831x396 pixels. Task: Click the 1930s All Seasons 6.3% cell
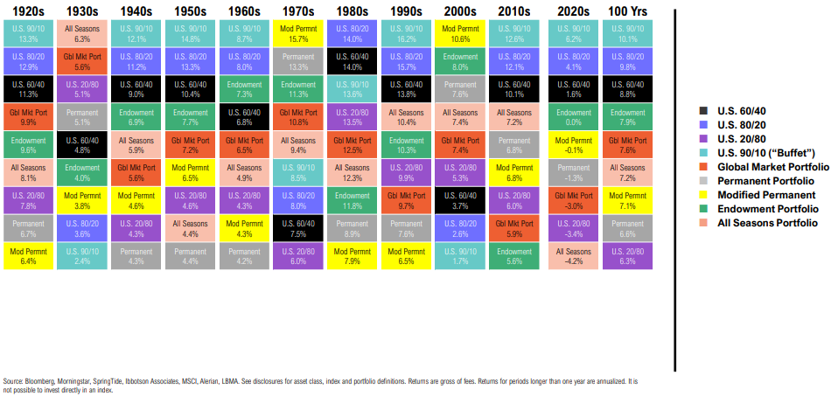(x=83, y=34)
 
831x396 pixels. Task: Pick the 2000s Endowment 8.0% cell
(x=460, y=61)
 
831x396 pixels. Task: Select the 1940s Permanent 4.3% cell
(x=136, y=254)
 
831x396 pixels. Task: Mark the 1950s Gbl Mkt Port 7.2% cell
(x=191, y=144)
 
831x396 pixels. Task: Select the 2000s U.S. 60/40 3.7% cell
(x=460, y=199)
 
